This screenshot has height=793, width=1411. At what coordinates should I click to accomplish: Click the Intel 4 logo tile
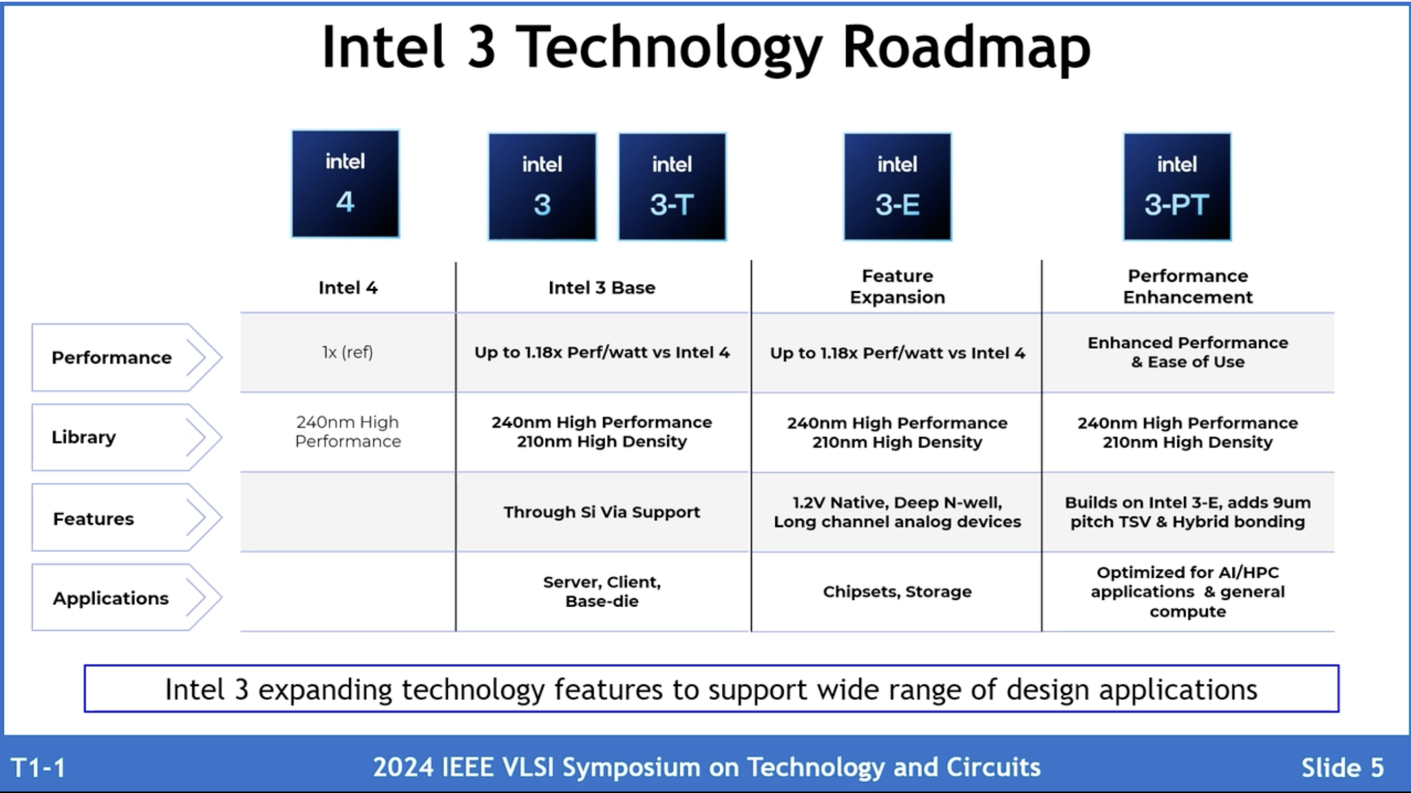tap(345, 184)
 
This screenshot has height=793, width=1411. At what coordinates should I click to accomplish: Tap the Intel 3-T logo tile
tap(672, 186)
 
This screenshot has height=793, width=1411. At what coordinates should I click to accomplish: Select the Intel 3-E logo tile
tap(897, 186)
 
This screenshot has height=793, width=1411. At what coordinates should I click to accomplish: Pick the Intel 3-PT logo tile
tap(1177, 186)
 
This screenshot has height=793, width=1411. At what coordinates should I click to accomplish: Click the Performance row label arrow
tap(127, 358)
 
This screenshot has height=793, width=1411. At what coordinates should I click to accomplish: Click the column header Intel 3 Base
tap(601, 288)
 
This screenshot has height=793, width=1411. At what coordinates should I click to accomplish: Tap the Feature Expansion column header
tap(897, 287)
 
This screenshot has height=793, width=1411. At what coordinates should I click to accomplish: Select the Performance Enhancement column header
tap(1187, 287)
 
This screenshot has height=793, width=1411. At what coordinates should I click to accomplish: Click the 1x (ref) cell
tap(347, 353)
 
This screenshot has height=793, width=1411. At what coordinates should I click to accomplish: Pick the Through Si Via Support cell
tap(601, 512)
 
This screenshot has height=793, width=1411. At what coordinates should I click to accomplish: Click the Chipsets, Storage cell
tap(897, 591)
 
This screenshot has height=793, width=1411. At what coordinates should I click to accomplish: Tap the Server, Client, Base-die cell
tap(601, 591)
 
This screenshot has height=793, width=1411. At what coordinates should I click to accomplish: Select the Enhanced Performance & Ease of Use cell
tap(1187, 353)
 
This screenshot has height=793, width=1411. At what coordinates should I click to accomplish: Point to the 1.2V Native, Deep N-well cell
tap(897, 512)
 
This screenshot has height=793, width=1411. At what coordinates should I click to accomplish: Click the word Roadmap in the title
tap(966, 48)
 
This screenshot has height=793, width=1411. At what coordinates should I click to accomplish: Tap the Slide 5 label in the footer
tap(1342, 768)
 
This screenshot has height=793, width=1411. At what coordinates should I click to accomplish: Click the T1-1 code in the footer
tap(38, 768)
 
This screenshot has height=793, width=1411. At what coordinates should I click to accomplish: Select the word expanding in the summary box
tap(325, 690)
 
